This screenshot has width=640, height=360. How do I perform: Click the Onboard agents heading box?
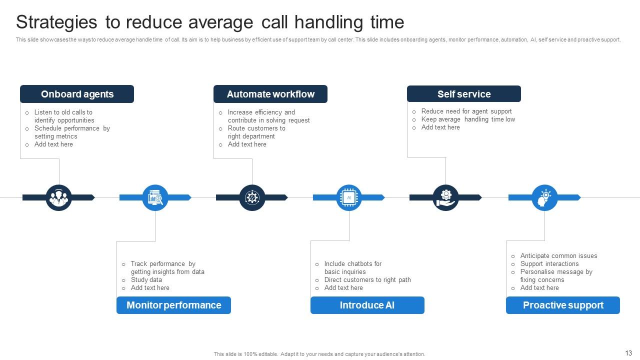pyautogui.click(x=77, y=94)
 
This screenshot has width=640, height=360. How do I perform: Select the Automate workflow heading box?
pyautogui.click(x=270, y=94)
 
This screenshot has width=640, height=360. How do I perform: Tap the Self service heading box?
pyautogui.click(x=464, y=94)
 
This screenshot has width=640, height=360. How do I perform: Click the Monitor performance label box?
pyautogui.click(x=173, y=305)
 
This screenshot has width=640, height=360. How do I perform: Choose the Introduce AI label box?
pyautogui.click(x=367, y=305)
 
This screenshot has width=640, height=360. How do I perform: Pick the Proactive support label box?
pyautogui.click(x=563, y=305)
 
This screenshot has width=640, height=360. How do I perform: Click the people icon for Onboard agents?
pyautogui.click(x=59, y=197)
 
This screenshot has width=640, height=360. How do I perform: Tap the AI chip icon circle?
pyautogui.click(x=349, y=197)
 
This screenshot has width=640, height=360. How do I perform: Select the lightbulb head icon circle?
pyautogui.click(x=544, y=197)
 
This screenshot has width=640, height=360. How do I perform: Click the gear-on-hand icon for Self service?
pyautogui.click(x=445, y=197)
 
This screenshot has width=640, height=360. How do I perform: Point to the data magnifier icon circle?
pyautogui.click(x=155, y=197)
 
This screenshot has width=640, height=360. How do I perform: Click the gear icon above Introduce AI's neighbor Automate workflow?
pyautogui.click(x=252, y=197)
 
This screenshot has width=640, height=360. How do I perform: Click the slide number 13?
pyautogui.click(x=628, y=353)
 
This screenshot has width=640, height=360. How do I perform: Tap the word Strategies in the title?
pyautogui.click(x=56, y=22)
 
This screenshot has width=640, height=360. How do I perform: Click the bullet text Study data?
pyautogui.click(x=146, y=280)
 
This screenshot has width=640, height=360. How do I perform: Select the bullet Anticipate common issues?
pyautogui.click(x=558, y=256)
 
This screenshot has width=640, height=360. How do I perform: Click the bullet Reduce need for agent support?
pyautogui.click(x=466, y=111)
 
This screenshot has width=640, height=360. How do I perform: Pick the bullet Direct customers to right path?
pyautogui.click(x=367, y=280)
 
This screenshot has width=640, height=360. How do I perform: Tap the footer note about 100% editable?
pyautogui.click(x=319, y=354)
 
